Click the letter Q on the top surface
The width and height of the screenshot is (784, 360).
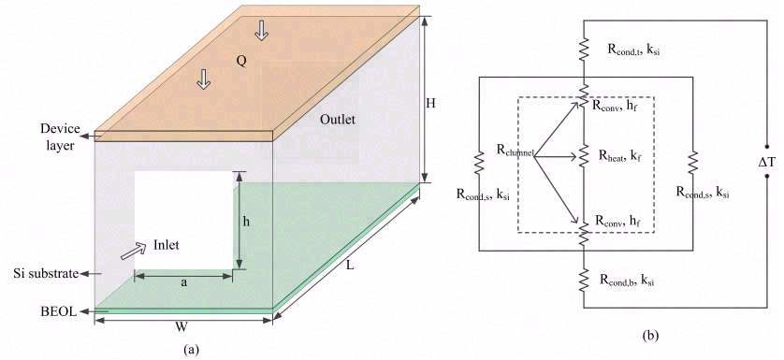[240, 60]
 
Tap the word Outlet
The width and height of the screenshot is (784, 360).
[339, 121]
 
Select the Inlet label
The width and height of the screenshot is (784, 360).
[164, 247]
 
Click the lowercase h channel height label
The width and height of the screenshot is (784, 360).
[246, 222]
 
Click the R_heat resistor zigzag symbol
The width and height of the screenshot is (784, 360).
[582, 157]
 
